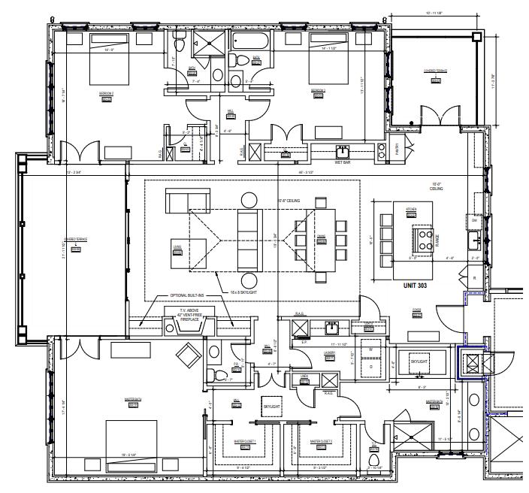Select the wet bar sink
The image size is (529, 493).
pos(343,151)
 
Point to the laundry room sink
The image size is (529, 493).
pos(331,326)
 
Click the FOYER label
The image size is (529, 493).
pos(416,310)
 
